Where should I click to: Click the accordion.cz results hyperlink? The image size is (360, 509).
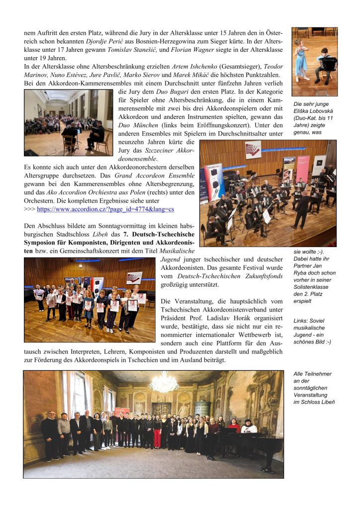pyautogui.click(x=105, y=210)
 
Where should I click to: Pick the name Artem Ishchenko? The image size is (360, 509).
pyautogui.click(x=193, y=66)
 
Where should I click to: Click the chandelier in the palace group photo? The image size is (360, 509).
pyautogui.click(x=164, y=383)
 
